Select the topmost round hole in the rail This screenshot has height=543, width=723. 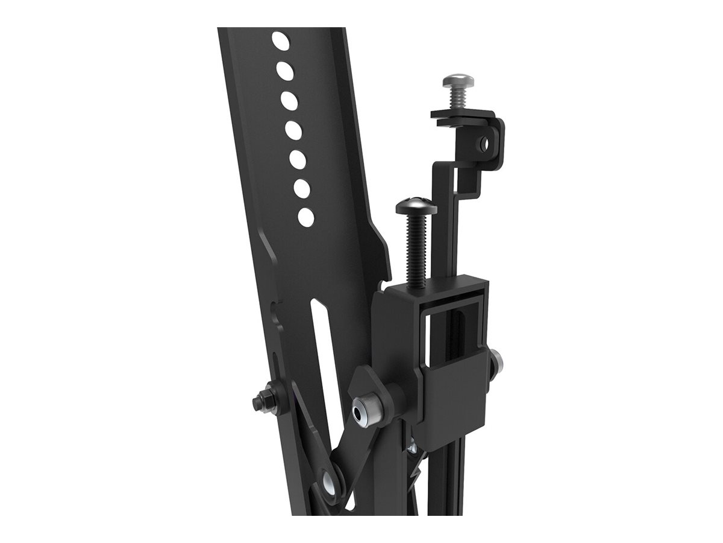pyautogui.click(x=280, y=41)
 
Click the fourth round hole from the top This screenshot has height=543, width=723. pyautogui.click(x=293, y=130)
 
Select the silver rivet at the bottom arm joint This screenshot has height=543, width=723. pyautogui.click(x=330, y=481)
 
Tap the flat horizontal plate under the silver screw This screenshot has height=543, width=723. pyautogui.click(x=458, y=116)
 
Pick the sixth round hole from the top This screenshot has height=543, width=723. pyautogui.click(x=302, y=188)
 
